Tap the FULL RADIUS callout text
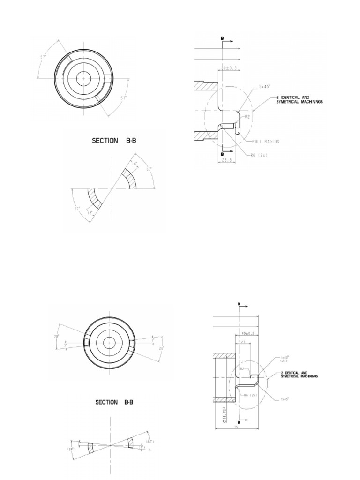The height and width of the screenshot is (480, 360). click(x=266, y=142)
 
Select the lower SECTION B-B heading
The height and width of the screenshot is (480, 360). click(x=114, y=402)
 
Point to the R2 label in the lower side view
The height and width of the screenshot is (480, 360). click(x=243, y=369)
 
